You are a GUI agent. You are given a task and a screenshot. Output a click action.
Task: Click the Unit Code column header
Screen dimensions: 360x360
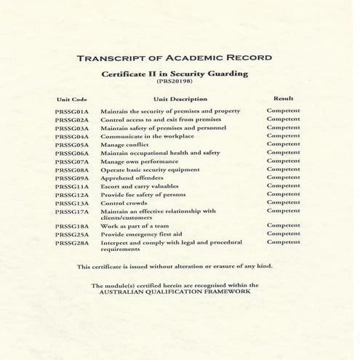click(x=72, y=99)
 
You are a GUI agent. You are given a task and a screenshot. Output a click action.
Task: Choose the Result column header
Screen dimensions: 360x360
click(x=283, y=97)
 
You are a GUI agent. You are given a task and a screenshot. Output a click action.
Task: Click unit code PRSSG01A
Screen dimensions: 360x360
click(x=71, y=111)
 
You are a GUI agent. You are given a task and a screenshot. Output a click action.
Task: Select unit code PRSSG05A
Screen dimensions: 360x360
click(x=71, y=145)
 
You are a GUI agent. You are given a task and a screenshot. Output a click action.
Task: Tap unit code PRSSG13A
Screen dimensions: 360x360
click(x=71, y=203)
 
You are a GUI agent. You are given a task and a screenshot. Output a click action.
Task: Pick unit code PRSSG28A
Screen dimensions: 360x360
click(x=71, y=243)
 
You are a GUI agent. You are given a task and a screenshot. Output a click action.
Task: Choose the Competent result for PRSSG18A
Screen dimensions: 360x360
click(x=283, y=226)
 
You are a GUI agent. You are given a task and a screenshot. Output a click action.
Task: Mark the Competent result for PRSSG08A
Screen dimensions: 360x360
click(x=283, y=169)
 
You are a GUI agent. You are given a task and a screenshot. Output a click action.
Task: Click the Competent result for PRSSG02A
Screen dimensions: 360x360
click(x=283, y=119)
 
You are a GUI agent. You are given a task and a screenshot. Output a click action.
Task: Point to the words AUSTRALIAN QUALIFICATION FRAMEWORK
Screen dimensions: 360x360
click(x=180, y=291)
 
